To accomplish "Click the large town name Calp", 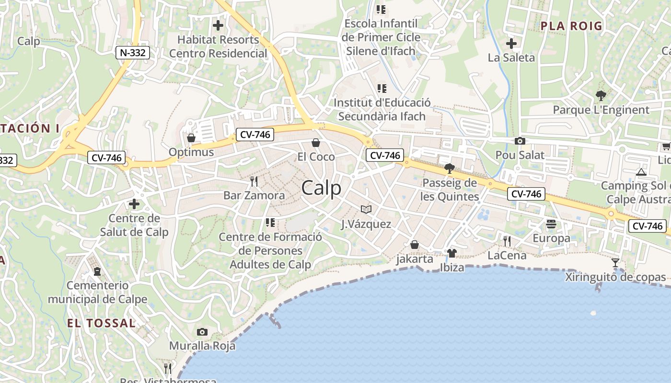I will coord(321,188).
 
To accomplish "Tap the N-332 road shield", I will coord(133,52).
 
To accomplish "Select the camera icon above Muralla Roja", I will coord(202,332).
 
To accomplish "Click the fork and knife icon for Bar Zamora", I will coord(254,181).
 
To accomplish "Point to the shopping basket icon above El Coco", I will coord(316,142).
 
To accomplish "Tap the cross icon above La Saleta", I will coord(511,44).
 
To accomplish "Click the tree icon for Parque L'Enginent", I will coord(601,95).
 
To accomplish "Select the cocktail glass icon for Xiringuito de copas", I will coord(615,262).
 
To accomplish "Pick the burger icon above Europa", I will coord(551,224).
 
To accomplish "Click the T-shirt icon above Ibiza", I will coord(451,253).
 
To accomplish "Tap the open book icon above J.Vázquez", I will coord(366,209).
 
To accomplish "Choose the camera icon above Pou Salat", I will coord(520,141).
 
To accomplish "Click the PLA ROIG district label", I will coord(571,26).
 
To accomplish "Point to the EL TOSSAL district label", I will coord(101,323).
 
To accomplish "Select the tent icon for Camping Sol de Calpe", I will coord(641,171).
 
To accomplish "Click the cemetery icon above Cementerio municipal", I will coord(97,271).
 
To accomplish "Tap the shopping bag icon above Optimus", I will coord(191,138).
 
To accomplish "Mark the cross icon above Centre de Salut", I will coord(134,204).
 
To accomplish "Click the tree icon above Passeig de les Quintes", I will coord(449,168).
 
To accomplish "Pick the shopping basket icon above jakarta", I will coord(415,245).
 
